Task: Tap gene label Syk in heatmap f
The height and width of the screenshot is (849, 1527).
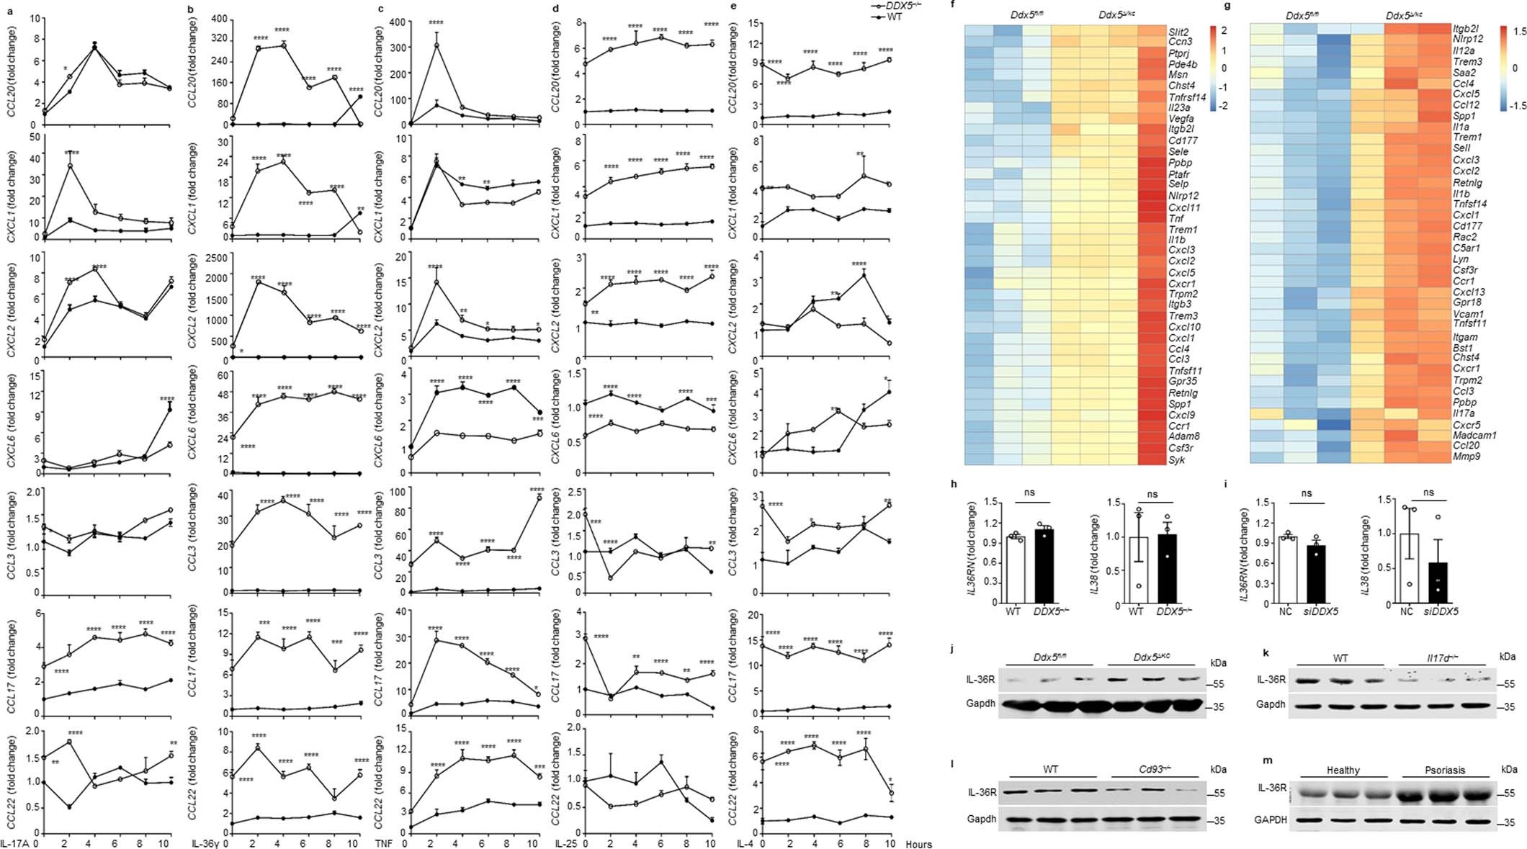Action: (1176, 459)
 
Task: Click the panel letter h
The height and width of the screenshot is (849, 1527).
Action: (954, 485)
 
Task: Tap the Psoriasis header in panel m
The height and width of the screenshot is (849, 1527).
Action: (1444, 770)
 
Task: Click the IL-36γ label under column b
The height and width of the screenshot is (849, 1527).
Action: (205, 843)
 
